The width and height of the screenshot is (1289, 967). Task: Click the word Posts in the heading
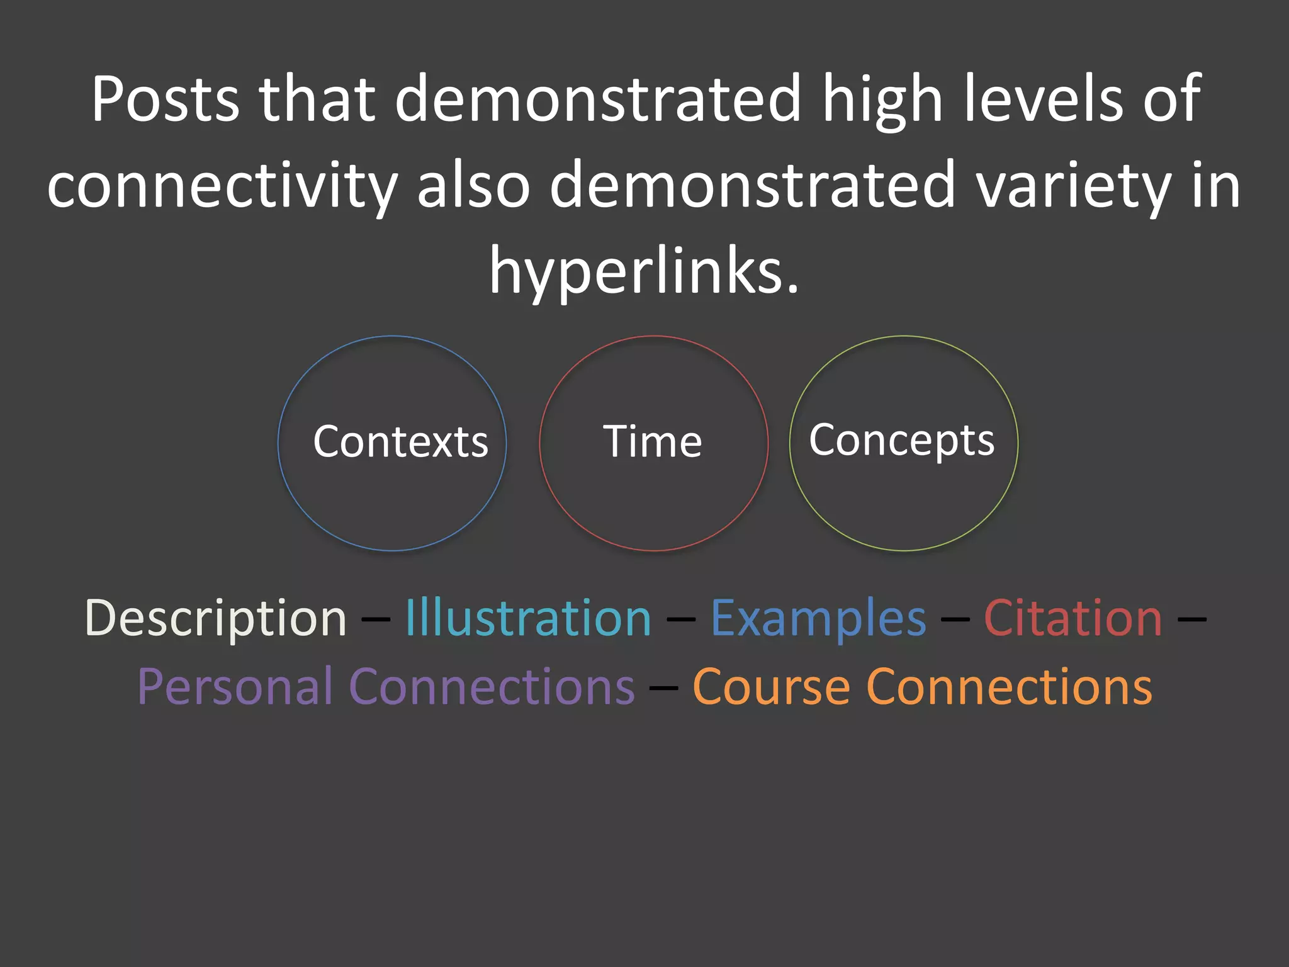[166, 99]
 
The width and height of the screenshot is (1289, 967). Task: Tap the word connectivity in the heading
[222, 185]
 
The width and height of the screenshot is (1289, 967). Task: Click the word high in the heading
[882, 99]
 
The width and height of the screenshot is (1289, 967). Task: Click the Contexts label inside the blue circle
[400, 441]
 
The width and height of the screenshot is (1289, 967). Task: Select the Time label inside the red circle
[653, 441]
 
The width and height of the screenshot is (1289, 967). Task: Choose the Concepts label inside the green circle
[902, 440]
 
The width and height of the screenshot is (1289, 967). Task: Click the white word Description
[216, 619]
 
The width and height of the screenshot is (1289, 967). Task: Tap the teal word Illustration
[528, 619]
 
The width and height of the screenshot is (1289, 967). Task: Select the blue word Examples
[818, 619]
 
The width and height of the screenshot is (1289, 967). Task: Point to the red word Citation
[1073, 619]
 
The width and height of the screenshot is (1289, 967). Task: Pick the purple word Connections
[492, 687]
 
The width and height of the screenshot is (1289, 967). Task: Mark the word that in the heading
[318, 99]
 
